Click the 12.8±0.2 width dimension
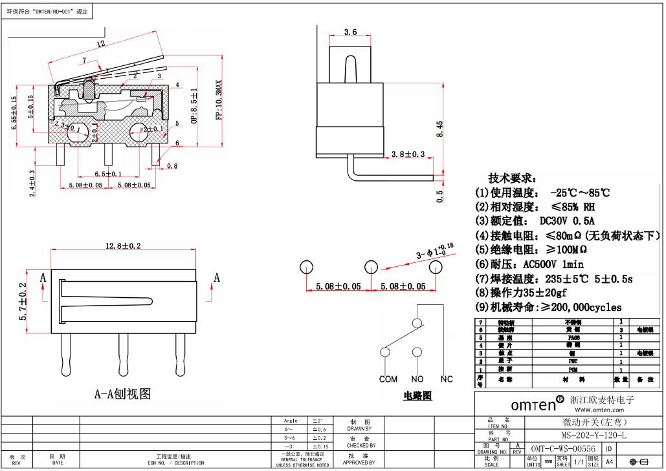pyautogui.click(x=122, y=246)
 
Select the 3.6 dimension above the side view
pyautogui.click(x=350, y=32)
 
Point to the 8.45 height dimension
pyautogui.click(x=439, y=129)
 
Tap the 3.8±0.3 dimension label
pyautogui.click(x=408, y=154)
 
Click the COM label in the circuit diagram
pyautogui.click(x=388, y=379)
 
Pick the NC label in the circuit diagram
pyautogui.click(x=447, y=379)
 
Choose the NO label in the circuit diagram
pyautogui.click(x=417, y=379)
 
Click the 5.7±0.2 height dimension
pyautogui.click(x=23, y=302)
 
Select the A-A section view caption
pyautogui.click(x=122, y=393)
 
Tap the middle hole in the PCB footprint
pyautogui.click(x=371, y=267)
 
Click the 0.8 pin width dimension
pyautogui.click(x=172, y=166)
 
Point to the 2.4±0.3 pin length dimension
pyautogui.click(x=32, y=183)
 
